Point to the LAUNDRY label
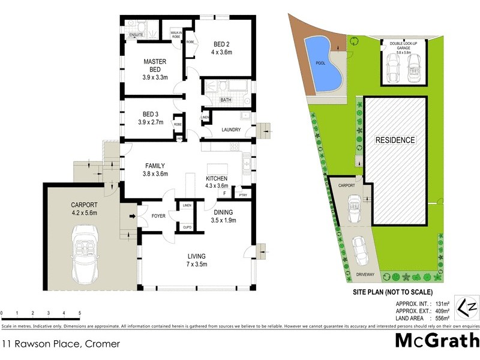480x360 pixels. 231,130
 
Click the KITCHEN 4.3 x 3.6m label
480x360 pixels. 218,182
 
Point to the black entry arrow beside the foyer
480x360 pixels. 132,216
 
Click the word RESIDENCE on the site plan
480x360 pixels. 395,140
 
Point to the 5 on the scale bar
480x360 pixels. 79,313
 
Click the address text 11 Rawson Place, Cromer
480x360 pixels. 61,344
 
